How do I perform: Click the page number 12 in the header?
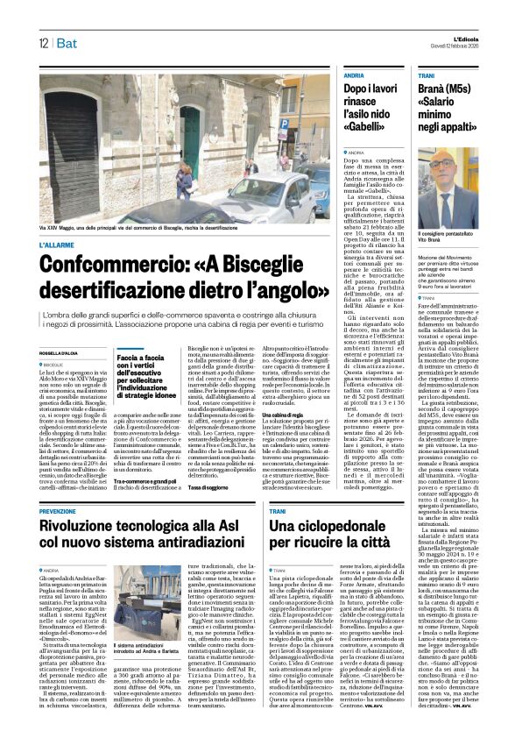43,44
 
